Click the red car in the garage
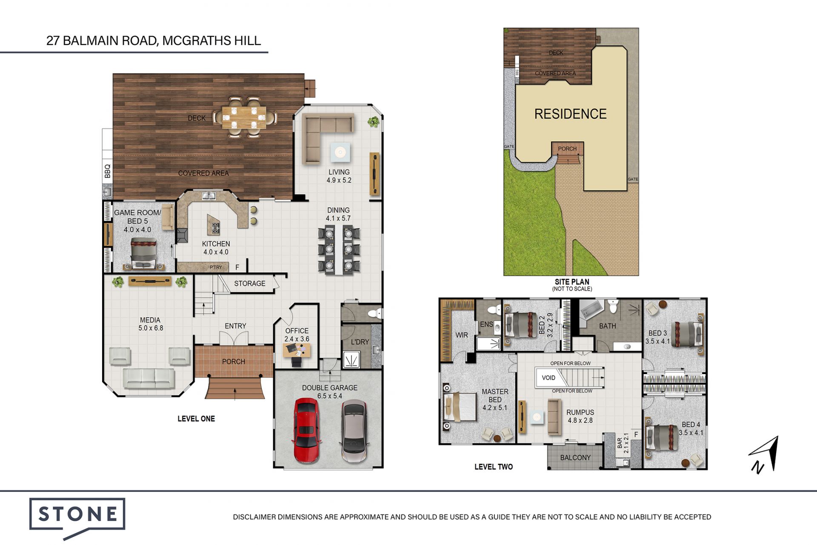pyautogui.click(x=306, y=431)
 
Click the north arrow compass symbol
pyautogui.click(x=764, y=454)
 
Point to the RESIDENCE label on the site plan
pyautogui.click(x=570, y=114)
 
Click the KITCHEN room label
pyautogui.click(x=216, y=244)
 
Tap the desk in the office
pyautogui.click(x=297, y=350)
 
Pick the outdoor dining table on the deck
pyautogui.click(x=244, y=117)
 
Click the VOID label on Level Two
pyautogui.click(x=548, y=378)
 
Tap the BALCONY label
pyautogui.click(x=575, y=457)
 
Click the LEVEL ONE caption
pyautogui.click(x=196, y=419)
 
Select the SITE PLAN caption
pyautogui.click(x=572, y=282)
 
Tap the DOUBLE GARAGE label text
pyautogui.click(x=330, y=388)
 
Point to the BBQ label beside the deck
pyautogui.click(x=108, y=171)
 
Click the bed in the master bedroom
pyautogui.click(x=460, y=407)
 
